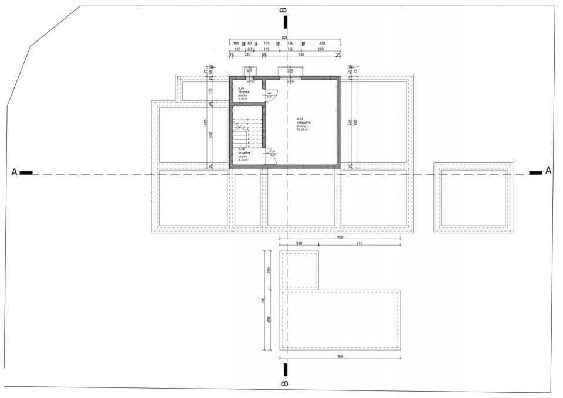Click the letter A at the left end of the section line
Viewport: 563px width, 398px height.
[13, 172]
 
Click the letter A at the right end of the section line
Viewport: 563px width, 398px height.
[548, 171]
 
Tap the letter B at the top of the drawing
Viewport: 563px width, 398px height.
[284, 10]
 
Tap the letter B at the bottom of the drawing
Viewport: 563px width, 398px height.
[284, 383]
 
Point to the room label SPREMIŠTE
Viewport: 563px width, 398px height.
[303, 122]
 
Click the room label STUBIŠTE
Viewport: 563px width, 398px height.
[245, 152]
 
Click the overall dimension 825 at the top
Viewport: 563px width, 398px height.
[284, 36]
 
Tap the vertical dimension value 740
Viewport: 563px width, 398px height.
[264, 300]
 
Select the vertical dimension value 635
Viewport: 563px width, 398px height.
[350, 122]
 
